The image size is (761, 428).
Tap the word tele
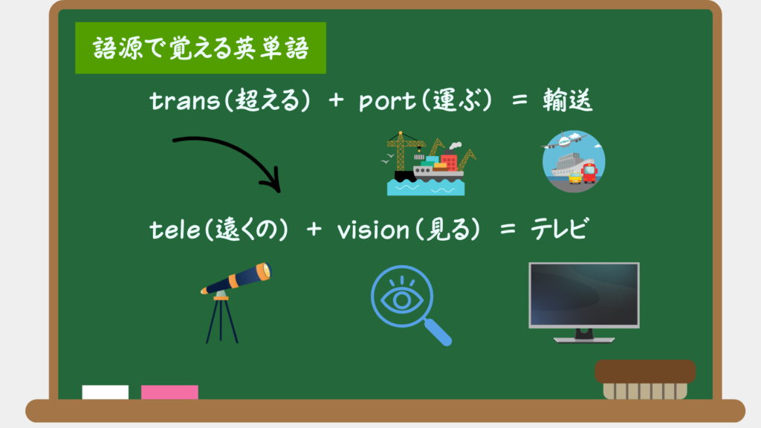pyautogui.click(x=175, y=230)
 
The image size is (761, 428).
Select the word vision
pyautogui.click(x=373, y=229)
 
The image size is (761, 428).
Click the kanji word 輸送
pyautogui.click(x=567, y=100)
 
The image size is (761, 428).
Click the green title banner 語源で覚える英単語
pyautogui.click(x=201, y=48)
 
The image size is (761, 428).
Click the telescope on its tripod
pyautogui.click(x=236, y=302)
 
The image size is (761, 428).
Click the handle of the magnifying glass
pyautogui.click(x=438, y=332)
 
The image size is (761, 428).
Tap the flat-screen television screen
pyautogui.click(x=584, y=294)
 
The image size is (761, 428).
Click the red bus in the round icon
pyautogui.click(x=589, y=173)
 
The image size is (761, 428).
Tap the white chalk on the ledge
pyautogui.click(x=106, y=392)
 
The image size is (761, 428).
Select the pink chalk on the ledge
pyautogui.click(x=169, y=392)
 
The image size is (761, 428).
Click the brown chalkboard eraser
pyautogui.click(x=645, y=379)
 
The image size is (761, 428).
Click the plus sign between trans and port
pyautogui.click(x=336, y=100)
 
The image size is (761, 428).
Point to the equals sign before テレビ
pyautogui.click(x=508, y=229)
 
